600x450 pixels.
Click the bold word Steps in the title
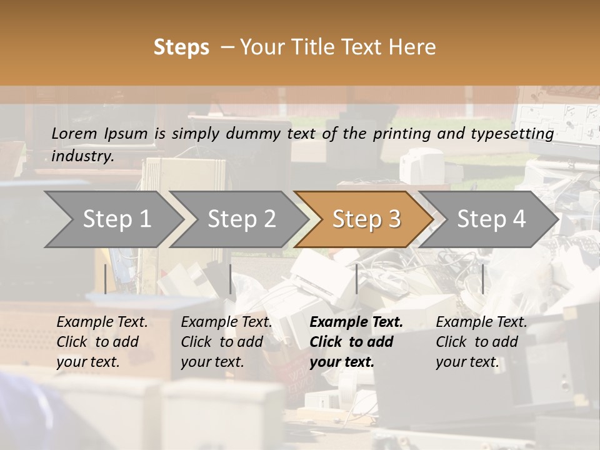pos(181,47)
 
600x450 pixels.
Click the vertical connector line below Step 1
pos(106,279)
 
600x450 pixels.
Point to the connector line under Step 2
pos(231,279)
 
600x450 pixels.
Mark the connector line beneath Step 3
pos(357,279)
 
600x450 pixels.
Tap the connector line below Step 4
pos(482,279)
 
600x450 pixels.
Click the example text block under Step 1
pos(102,342)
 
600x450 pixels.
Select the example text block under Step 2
pos(226,342)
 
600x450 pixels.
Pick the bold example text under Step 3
pos(356,342)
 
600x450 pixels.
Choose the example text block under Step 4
pos(481,342)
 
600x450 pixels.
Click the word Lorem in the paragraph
pos(74,133)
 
